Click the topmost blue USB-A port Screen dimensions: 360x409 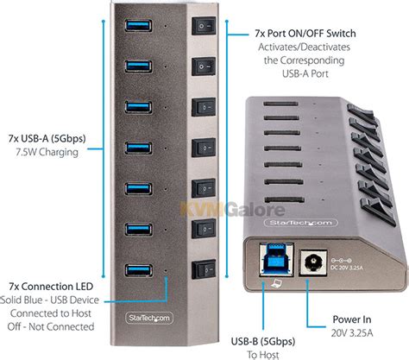pyautogui.click(x=139, y=20)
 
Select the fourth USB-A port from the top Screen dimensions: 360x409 pyautogui.click(x=139, y=145)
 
